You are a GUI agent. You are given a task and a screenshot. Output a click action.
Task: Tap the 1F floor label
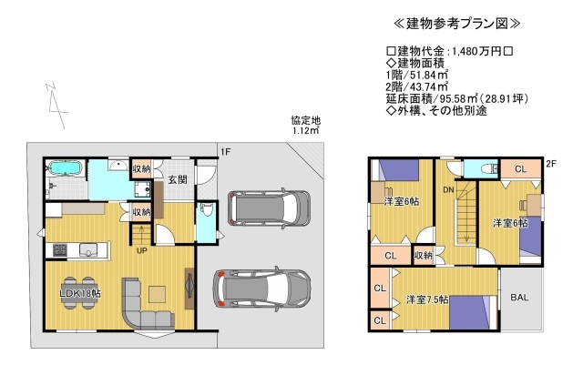click(225, 152)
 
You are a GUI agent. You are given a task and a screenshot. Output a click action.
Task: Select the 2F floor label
click(550, 164)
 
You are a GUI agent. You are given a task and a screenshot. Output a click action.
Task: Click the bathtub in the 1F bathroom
click(64, 168)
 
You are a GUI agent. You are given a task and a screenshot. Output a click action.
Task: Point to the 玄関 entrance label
click(178, 180)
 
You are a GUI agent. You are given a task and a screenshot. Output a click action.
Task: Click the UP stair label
click(142, 250)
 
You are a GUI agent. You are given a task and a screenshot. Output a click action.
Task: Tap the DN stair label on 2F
click(449, 189)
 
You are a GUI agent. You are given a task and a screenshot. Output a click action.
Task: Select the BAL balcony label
click(521, 298)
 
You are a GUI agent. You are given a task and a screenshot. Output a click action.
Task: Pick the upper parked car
click(266, 210)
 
